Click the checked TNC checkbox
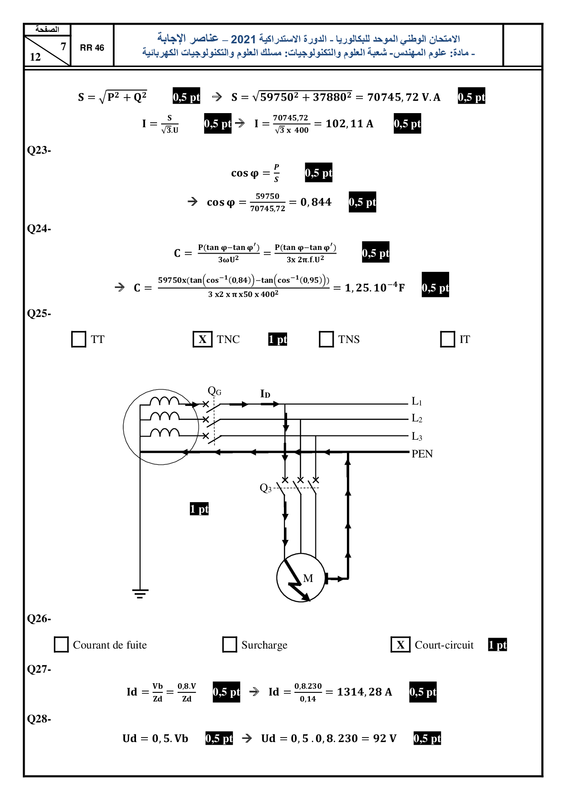point(203,339)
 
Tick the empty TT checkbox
point(79,339)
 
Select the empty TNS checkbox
point(326,339)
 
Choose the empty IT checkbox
point(448,339)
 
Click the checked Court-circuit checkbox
point(401,644)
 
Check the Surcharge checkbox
point(230,644)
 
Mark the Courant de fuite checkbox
point(61,644)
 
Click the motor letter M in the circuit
point(308,578)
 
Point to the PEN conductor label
point(422,454)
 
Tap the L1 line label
point(417,401)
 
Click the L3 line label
point(417,436)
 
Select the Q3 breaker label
point(266,488)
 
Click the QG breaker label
point(215,391)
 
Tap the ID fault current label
point(265,394)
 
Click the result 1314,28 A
point(364,692)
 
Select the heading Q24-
point(39,229)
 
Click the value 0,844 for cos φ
point(316,202)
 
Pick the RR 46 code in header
point(92,48)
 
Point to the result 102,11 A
point(349,124)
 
